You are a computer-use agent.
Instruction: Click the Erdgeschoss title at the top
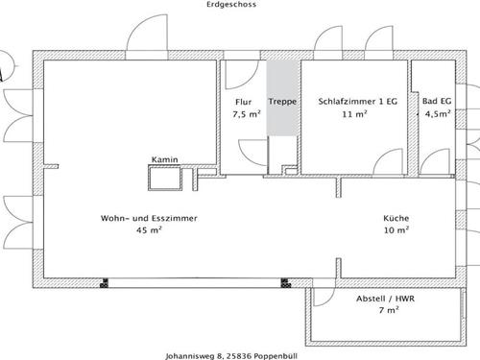coord(231,5)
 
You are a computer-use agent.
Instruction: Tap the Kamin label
coord(164,159)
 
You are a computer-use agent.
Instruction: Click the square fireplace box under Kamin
coord(165,178)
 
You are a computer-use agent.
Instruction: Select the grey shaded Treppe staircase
coord(283,98)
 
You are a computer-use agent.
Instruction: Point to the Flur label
coord(244,102)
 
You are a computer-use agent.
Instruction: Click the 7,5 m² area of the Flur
coord(247,114)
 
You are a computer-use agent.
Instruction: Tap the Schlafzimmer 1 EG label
coord(357,102)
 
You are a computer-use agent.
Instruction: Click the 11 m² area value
coord(354,113)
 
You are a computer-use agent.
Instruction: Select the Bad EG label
coord(437,101)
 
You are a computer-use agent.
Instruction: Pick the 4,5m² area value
coord(438,113)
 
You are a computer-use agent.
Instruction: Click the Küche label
coord(396,218)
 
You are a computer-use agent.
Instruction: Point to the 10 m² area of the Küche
coord(396,229)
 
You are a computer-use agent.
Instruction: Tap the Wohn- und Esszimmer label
coord(149,218)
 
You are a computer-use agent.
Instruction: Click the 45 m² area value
coord(149,229)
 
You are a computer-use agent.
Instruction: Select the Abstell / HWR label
coord(385,299)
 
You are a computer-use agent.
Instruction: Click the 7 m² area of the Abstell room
coord(389,310)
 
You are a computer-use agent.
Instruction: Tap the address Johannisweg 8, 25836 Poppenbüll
coord(231,356)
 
